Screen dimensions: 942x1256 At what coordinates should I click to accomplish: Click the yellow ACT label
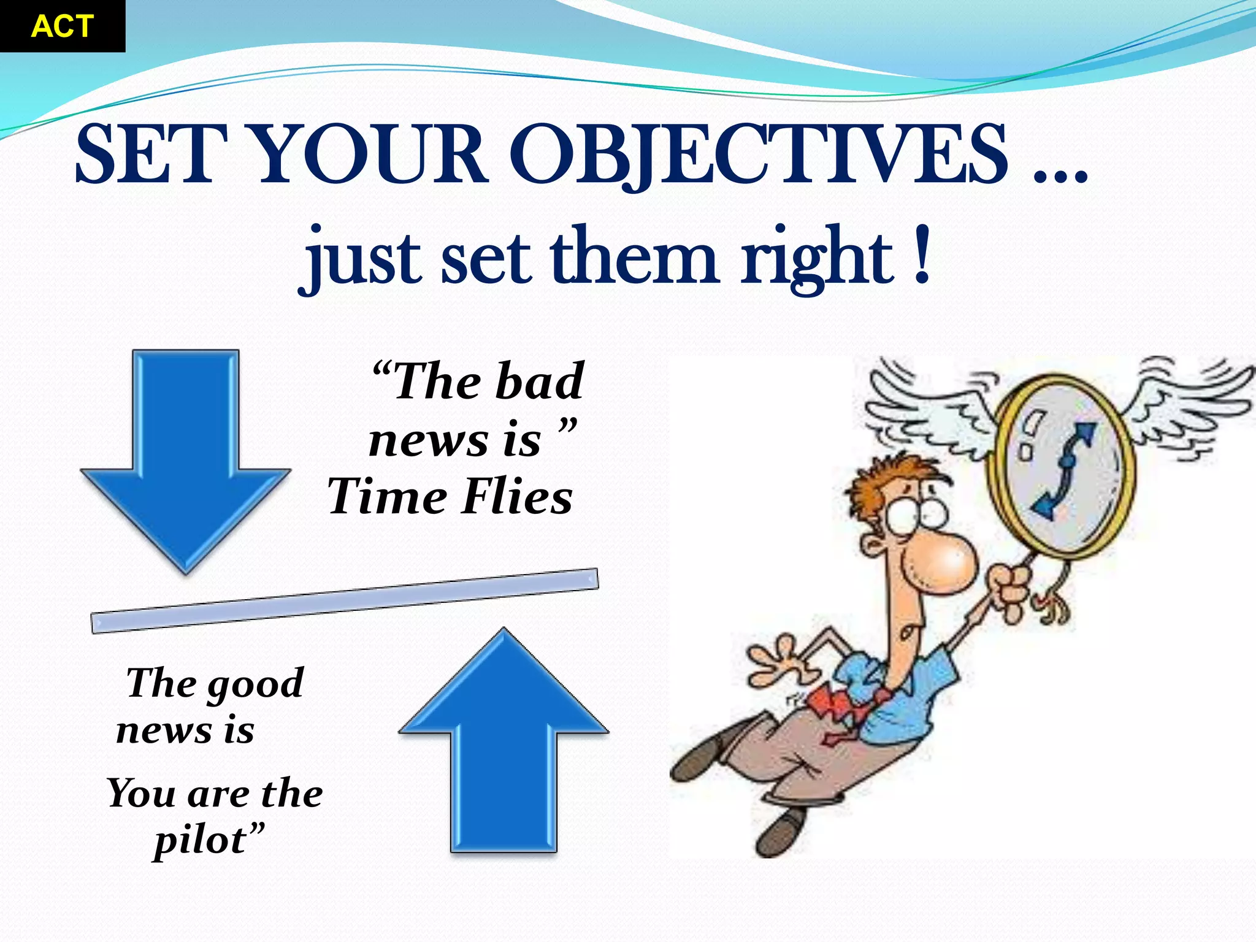coord(62,26)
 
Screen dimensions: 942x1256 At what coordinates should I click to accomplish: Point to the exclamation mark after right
coord(921,256)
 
